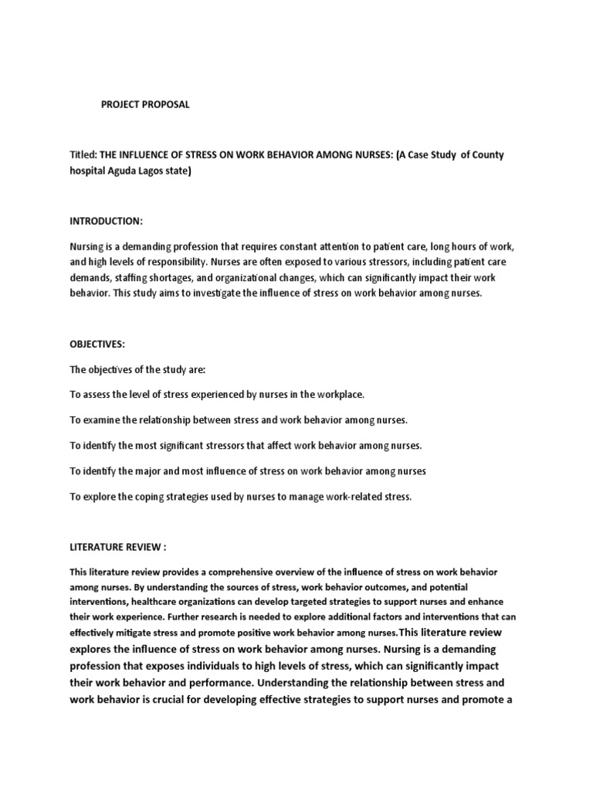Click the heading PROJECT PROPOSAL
(x=145, y=105)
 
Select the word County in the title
(x=486, y=155)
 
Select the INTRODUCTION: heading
(x=106, y=222)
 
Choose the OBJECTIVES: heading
(x=97, y=344)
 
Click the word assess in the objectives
(x=97, y=394)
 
